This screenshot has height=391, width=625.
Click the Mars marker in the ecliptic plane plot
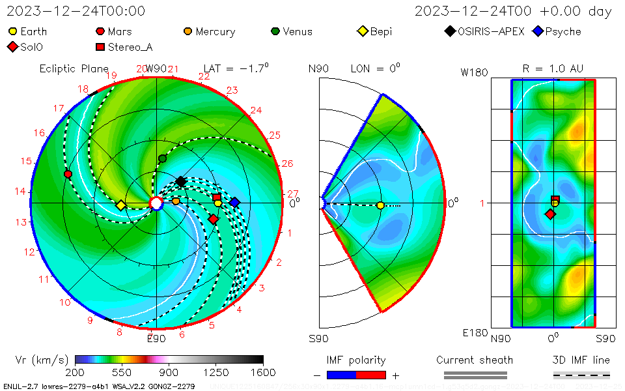(x=68, y=174)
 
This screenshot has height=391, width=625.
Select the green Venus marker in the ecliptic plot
(x=162, y=158)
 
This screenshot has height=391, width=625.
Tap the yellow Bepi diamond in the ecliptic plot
(x=120, y=205)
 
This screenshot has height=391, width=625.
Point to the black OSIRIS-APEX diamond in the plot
(x=181, y=181)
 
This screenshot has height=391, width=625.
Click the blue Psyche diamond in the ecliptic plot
(x=234, y=203)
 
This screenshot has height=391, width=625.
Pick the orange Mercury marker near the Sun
(x=176, y=201)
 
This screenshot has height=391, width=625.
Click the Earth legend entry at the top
(x=28, y=31)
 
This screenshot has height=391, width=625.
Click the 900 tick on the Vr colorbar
(x=169, y=372)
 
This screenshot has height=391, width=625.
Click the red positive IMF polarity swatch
(x=371, y=375)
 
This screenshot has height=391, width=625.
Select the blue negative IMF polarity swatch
(x=341, y=375)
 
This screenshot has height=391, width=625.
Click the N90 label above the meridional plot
(x=318, y=68)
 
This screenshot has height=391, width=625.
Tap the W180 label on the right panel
(x=474, y=72)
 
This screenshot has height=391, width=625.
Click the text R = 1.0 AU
(x=553, y=68)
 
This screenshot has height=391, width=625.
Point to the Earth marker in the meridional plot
(x=380, y=205)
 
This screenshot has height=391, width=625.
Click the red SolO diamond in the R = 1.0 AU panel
(x=550, y=214)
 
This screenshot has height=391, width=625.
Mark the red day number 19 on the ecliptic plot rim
(x=111, y=76)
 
